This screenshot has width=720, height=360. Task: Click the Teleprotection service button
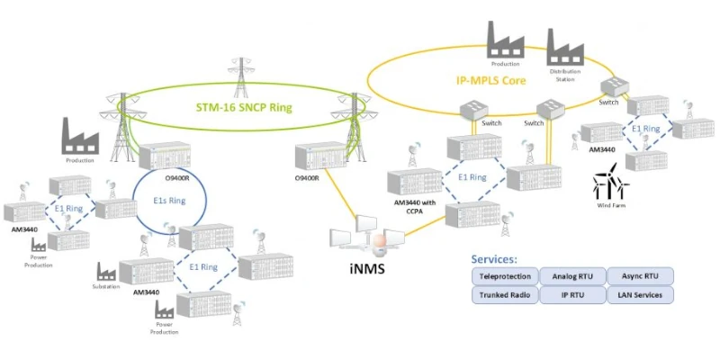505,276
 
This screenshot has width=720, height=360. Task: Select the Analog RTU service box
572,276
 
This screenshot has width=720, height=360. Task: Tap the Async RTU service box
640,276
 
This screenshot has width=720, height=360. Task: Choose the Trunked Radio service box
505,294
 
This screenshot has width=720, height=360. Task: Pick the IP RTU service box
572,294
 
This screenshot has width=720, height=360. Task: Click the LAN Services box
640,294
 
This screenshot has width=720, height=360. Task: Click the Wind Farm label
610,205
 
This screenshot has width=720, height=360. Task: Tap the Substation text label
105,287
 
